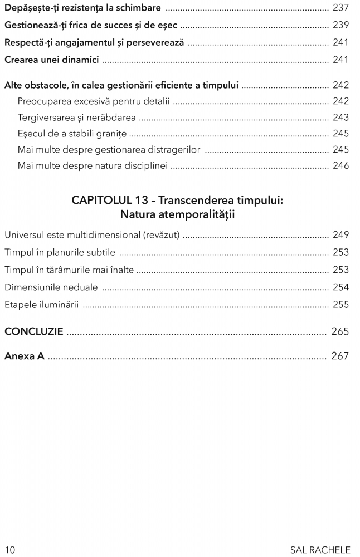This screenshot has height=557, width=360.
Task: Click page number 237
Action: [340, 8]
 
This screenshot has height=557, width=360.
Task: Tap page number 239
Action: [340, 25]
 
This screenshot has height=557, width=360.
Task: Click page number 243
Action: [340, 118]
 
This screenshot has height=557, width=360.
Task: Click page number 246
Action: [340, 165]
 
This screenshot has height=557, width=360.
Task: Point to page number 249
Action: [340, 235]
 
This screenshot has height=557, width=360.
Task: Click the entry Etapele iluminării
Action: [42, 305]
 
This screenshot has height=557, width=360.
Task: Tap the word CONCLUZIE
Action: [33, 332]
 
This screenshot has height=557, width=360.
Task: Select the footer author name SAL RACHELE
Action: [320, 550]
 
